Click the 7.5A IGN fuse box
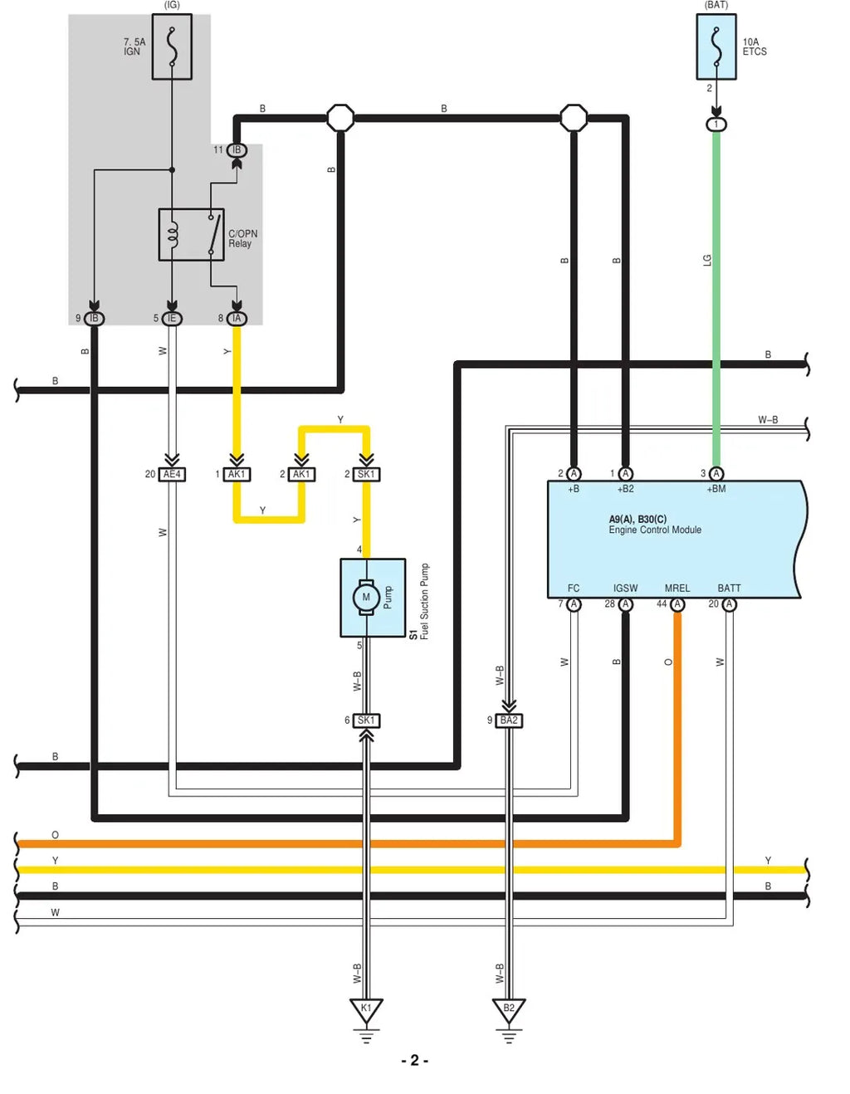tap(172, 46)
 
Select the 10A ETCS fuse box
tap(716, 46)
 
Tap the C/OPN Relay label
tap(243, 238)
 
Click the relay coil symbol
tap(173, 234)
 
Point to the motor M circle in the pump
tap(366, 597)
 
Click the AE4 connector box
tap(172, 474)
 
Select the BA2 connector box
tap(509, 720)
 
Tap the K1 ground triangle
tap(366, 1009)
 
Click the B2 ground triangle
tap(509, 1009)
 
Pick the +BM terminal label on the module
tap(716, 489)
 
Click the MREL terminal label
tap(677, 588)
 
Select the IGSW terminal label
tap(625, 588)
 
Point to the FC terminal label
tap(574, 588)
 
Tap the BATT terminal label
tap(729, 588)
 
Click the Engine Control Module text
tap(655, 530)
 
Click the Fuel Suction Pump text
tap(424, 602)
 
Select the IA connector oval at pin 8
tap(237, 318)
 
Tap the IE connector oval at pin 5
tap(172, 318)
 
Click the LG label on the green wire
tap(707, 261)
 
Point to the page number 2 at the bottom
tap(415, 1060)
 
